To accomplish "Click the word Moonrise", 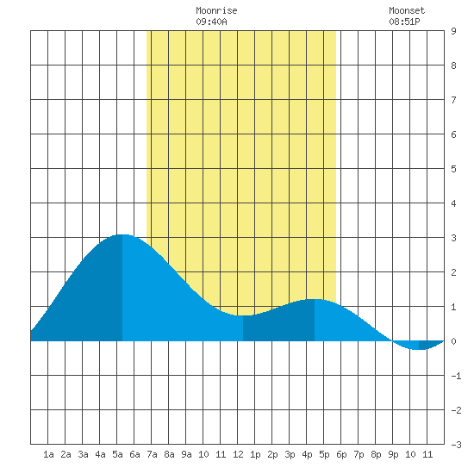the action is (216, 10).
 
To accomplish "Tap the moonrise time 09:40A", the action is (211, 22).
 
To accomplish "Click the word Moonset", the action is (407, 10).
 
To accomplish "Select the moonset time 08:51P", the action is (404, 22).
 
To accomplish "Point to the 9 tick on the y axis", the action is (453, 31).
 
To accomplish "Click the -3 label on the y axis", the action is (456, 445).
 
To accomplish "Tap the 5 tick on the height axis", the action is (453, 169).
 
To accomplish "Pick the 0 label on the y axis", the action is (453, 341).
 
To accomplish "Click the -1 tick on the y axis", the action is (456, 376).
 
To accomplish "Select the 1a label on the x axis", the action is (48, 454).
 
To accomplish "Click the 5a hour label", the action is (117, 454).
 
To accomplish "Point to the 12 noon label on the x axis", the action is (238, 454).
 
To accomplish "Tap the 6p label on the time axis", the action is (341, 454).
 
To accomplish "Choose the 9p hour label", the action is (393, 454).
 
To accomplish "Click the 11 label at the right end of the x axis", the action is (427, 454).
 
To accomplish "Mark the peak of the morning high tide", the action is (122, 234).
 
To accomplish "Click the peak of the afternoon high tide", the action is (315, 299).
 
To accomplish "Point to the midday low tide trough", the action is (243, 315).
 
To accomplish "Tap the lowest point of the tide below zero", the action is (419, 349).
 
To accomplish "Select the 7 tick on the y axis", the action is (453, 100).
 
